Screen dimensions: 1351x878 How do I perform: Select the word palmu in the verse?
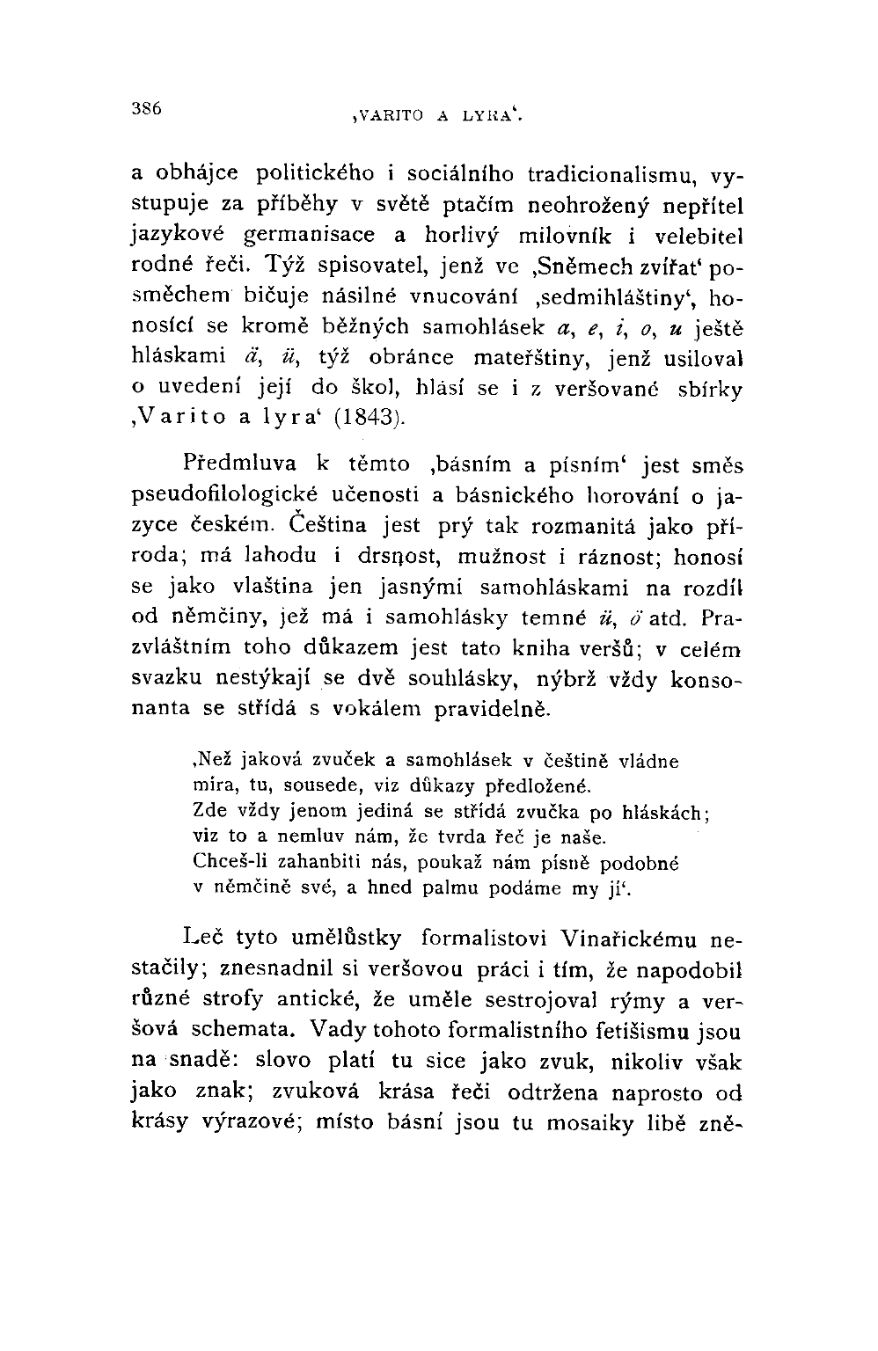pos(469,887)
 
